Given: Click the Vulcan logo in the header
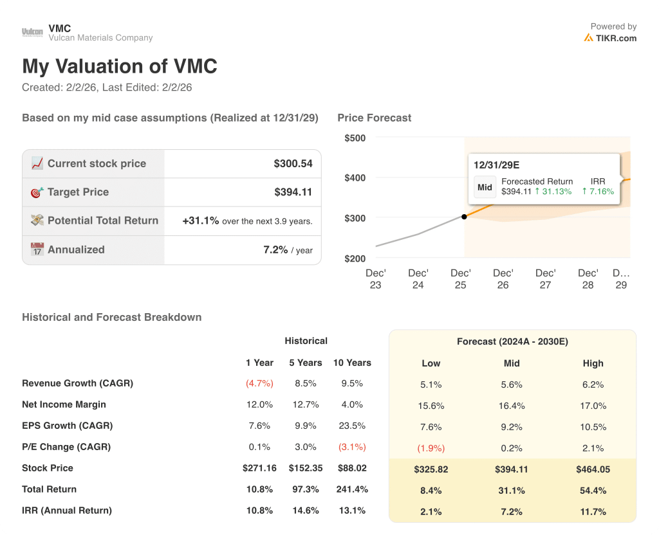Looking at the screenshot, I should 32,32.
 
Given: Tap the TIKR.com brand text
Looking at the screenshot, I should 615,38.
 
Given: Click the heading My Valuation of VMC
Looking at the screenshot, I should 120,66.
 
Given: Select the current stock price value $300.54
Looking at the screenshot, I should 293,163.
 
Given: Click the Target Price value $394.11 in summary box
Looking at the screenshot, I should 293,192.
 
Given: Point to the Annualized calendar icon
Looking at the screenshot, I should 37,249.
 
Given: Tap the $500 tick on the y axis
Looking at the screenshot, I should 355,138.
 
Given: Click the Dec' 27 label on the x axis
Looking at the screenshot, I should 545,278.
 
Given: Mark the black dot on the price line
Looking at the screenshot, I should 464,217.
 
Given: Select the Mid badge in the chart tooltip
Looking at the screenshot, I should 485,187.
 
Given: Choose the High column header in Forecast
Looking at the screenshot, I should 593,363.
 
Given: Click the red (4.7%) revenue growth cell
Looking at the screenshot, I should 259,383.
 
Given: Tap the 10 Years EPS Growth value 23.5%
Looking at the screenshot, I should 352,426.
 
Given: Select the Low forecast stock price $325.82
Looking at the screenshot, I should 431,469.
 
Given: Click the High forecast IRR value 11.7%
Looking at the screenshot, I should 593,512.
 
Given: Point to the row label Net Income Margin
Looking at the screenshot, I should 64,404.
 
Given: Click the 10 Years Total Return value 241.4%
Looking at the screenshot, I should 352,489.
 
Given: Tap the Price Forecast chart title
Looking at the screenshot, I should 374,118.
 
